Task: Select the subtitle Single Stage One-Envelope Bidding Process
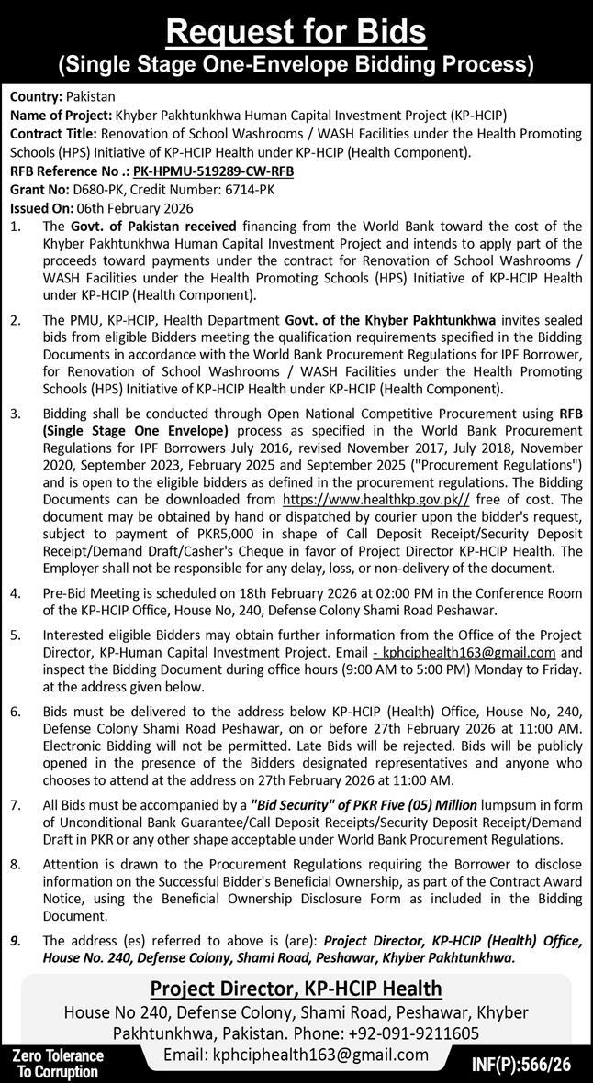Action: [296, 64]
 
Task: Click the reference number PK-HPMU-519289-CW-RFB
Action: [213, 171]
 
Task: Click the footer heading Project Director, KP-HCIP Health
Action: [296, 989]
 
